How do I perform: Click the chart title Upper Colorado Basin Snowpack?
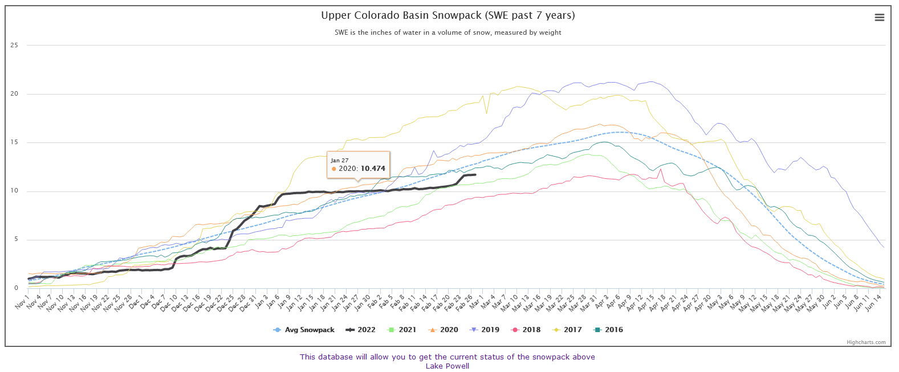click(448, 15)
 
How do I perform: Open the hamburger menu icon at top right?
click(880, 18)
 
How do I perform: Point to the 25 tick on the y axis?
click(14, 46)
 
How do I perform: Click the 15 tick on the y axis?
click(14, 142)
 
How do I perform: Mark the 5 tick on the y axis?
click(16, 239)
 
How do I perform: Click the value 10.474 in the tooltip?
click(373, 169)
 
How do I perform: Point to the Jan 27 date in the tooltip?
click(340, 161)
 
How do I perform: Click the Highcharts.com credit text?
click(866, 342)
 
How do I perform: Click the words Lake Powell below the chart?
click(448, 366)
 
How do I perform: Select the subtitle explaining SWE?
click(448, 32)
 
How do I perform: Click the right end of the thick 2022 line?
click(475, 175)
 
